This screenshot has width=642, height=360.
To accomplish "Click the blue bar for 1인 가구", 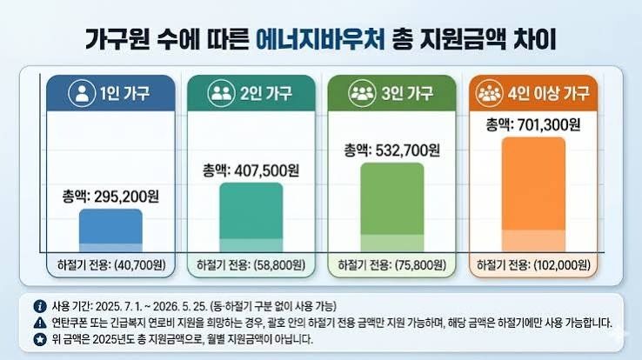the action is [x=110, y=230].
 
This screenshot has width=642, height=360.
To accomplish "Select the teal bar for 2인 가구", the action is [x=251, y=217].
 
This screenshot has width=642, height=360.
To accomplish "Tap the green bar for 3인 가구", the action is [x=391, y=207].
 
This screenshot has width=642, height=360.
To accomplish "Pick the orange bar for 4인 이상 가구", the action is [x=533, y=194].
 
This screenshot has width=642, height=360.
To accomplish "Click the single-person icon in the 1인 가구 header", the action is [x=82, y=93].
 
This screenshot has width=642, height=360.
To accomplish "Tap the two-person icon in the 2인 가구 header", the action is [x=222, y=93].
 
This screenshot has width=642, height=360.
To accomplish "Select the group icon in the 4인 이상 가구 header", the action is [x=489, y=93].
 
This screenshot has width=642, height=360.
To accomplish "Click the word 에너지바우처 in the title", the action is [x=321, y=39].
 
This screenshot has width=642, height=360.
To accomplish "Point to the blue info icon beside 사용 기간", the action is [x=40, y=306].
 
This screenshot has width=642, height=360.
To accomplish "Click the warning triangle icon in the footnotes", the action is [x=40, y=323].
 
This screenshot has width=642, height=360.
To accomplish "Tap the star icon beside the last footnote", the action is [x=40, y=339].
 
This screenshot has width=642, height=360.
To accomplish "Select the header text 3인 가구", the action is [x=407, y=94].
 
